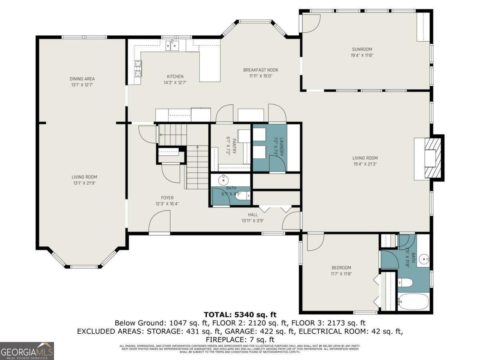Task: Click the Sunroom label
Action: tap(362, 50)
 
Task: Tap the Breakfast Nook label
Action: tap(260, 70)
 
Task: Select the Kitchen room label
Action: tap(175, 76)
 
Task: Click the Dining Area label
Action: tap(82, 79)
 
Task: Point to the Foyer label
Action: tap(167, 198)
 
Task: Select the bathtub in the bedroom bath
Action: tap(413, 301)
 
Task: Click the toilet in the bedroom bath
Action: tap(405, 282)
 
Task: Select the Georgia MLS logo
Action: tap(27, 351)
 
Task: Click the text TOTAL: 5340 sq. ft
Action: tap(240, 315)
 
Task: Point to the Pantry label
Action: tap(229, 146)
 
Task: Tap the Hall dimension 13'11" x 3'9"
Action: tap(253, 220)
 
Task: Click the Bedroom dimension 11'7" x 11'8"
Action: tap(341, 274)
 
